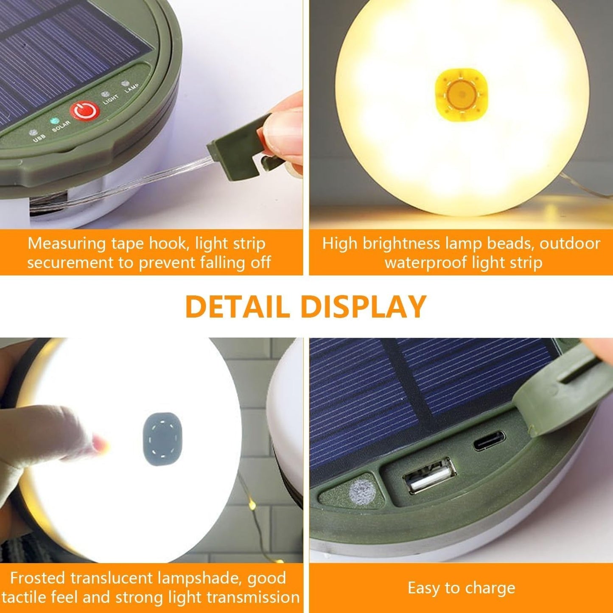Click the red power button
85,111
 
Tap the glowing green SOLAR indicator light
54,121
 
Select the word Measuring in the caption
67,244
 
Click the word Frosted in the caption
38,578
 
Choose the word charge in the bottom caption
490,588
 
